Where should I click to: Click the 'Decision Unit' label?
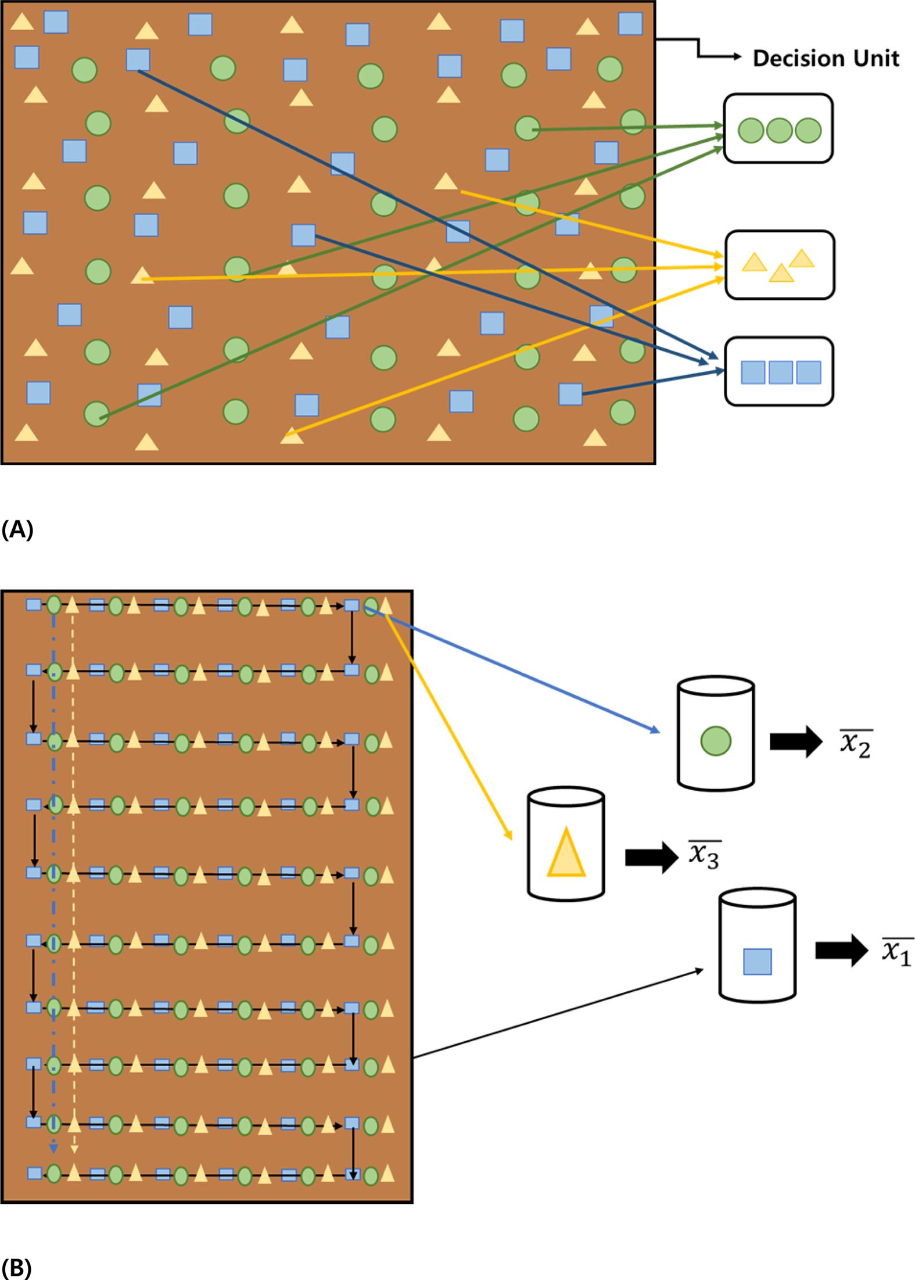click(826, 58)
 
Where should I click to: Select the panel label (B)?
click(16, 1268)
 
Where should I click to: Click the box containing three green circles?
click(778, 128)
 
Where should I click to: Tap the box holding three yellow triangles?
click(780, 265)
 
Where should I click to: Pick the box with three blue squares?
click(779, 371)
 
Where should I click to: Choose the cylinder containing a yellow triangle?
click(566, 844)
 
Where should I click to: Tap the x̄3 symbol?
click(705, 856)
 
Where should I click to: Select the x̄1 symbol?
click(897, 951)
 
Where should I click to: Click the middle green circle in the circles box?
click(779, 131)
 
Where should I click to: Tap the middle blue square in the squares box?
click(780, 372)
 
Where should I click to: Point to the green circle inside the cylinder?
click(716, 741)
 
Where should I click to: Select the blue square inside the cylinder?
click(758, 962)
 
